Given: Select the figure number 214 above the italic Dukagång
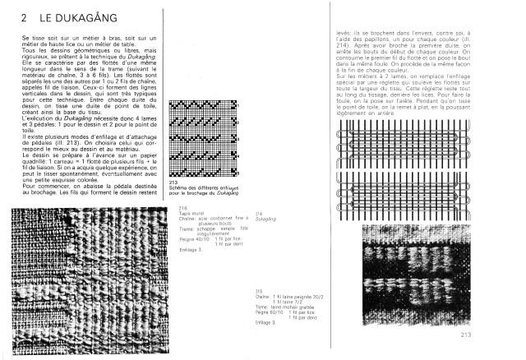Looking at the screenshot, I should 259,215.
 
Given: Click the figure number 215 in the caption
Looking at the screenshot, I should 259,291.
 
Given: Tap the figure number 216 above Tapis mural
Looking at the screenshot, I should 182,210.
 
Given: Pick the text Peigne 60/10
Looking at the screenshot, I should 269,313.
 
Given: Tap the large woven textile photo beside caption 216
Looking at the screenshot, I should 90,279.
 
